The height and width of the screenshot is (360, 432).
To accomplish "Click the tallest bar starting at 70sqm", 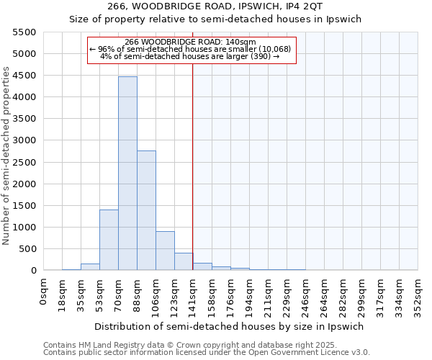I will pos(127,173).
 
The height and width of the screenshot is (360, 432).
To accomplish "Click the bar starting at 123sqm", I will pos(184,261).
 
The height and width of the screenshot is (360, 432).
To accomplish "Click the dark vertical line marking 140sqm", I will pos(193,166).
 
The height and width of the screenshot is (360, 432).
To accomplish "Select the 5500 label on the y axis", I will pos(24,32).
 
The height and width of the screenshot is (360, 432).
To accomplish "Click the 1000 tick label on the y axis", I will pos(24,228).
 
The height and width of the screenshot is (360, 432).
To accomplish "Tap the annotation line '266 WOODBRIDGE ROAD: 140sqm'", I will pos(190,42).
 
